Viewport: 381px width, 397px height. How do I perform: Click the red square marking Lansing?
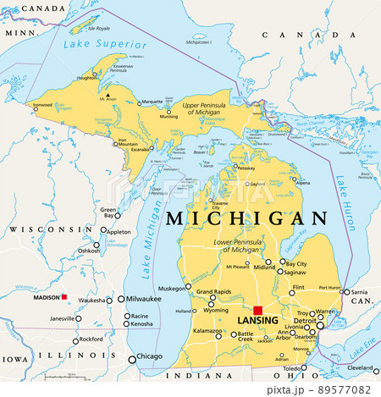(x=258, y=311)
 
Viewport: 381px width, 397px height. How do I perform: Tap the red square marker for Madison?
(x=63, y=296)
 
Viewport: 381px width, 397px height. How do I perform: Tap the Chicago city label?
(x=150, y=356)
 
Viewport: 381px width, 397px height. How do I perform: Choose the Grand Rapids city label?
(x=215, y=293)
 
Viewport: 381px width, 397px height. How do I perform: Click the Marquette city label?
(x=152, y=102)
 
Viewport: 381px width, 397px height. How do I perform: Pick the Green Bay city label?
(x=108, y=212)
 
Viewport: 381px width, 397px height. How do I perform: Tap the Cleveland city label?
(x=363, y=369)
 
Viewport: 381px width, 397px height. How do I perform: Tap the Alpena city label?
(x=302, y=182)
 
